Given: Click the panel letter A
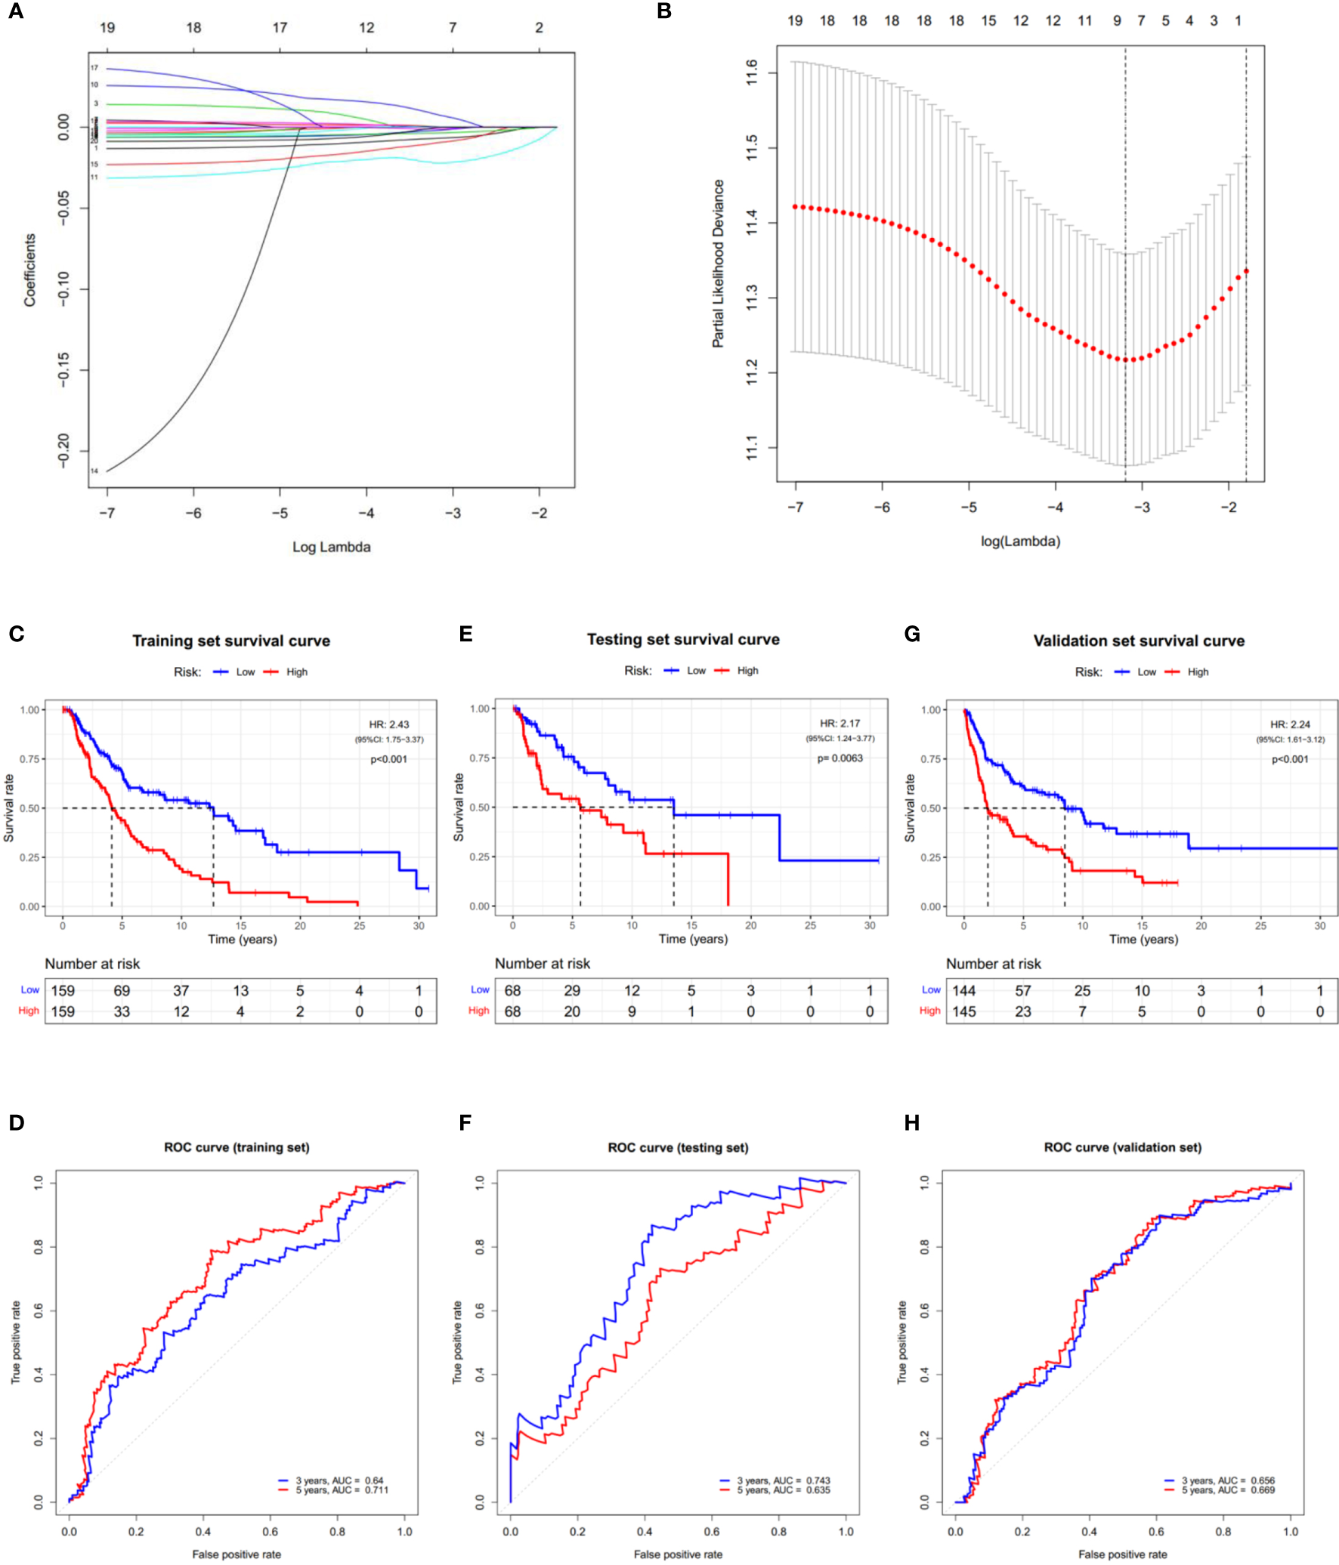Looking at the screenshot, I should point(15,12).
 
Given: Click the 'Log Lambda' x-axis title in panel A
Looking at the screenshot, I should point(331,547).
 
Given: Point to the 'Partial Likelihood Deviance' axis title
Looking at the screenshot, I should point(718,264).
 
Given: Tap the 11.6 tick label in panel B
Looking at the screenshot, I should point(752,73).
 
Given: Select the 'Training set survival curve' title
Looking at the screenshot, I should point(231,641).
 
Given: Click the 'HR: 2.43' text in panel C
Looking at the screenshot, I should point(388,724).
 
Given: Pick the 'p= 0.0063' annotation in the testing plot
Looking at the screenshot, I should point(840,758).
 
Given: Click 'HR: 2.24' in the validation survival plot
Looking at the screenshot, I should point(1290,724).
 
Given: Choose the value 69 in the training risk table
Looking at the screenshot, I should point(122,990).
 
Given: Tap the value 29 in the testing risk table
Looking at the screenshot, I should point(572,990).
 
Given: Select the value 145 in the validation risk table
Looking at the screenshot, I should point(963,1011).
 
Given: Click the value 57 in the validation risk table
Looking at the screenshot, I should point(1022,990).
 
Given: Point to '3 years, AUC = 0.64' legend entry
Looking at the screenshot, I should point(339,1480).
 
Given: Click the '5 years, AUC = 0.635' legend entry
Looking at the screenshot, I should point(783,1490).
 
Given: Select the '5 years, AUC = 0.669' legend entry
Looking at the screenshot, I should point(1227,1490).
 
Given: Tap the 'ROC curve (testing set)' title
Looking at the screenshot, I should point(678,1147).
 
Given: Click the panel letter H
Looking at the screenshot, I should point(911,1123).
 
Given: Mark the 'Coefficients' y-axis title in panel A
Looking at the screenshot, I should point(30,270).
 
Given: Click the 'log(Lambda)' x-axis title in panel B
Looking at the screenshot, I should point(1020,541).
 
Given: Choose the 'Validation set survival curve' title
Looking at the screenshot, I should point(1139,641).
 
